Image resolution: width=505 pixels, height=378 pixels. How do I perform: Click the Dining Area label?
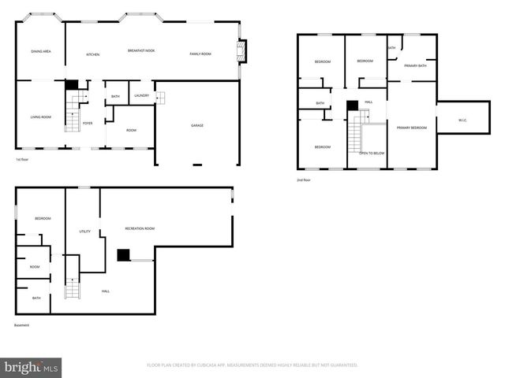tap(41, 51)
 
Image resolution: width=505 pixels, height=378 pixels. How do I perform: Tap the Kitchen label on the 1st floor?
tap(92, 54)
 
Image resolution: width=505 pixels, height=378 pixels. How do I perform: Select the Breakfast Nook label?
tap(141, 50)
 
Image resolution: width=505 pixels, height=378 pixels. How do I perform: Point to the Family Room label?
tap(200, 54)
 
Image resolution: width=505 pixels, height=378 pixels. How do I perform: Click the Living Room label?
tap(41, 117)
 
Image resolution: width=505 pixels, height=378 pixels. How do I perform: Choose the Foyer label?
tap(88, 123)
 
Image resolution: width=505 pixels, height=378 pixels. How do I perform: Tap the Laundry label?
tap(142, 95)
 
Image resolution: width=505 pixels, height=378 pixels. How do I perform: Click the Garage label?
tap(197, 125)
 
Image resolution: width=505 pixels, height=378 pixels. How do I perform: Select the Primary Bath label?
tap(415, 66)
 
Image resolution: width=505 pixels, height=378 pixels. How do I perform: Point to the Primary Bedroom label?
tap(411, 128)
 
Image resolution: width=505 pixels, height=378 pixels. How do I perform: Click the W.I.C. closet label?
tap(463, 120)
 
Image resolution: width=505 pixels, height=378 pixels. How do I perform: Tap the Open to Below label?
tap(372, 153)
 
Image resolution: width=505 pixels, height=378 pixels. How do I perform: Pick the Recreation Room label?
tap(140, 228)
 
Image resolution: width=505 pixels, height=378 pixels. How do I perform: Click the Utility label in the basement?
tap(84, 232)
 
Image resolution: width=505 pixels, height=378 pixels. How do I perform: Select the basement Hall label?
tap(106, 291)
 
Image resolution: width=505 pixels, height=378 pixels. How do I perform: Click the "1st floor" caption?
tap(23, 160)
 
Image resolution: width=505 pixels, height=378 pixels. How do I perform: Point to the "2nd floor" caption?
tap(304, 180)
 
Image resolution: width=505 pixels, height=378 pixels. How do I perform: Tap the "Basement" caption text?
tap(22, 325)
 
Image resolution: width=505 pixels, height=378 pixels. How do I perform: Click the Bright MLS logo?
tap(32, 366)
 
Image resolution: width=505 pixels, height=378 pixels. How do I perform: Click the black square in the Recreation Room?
tap(123, 254)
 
